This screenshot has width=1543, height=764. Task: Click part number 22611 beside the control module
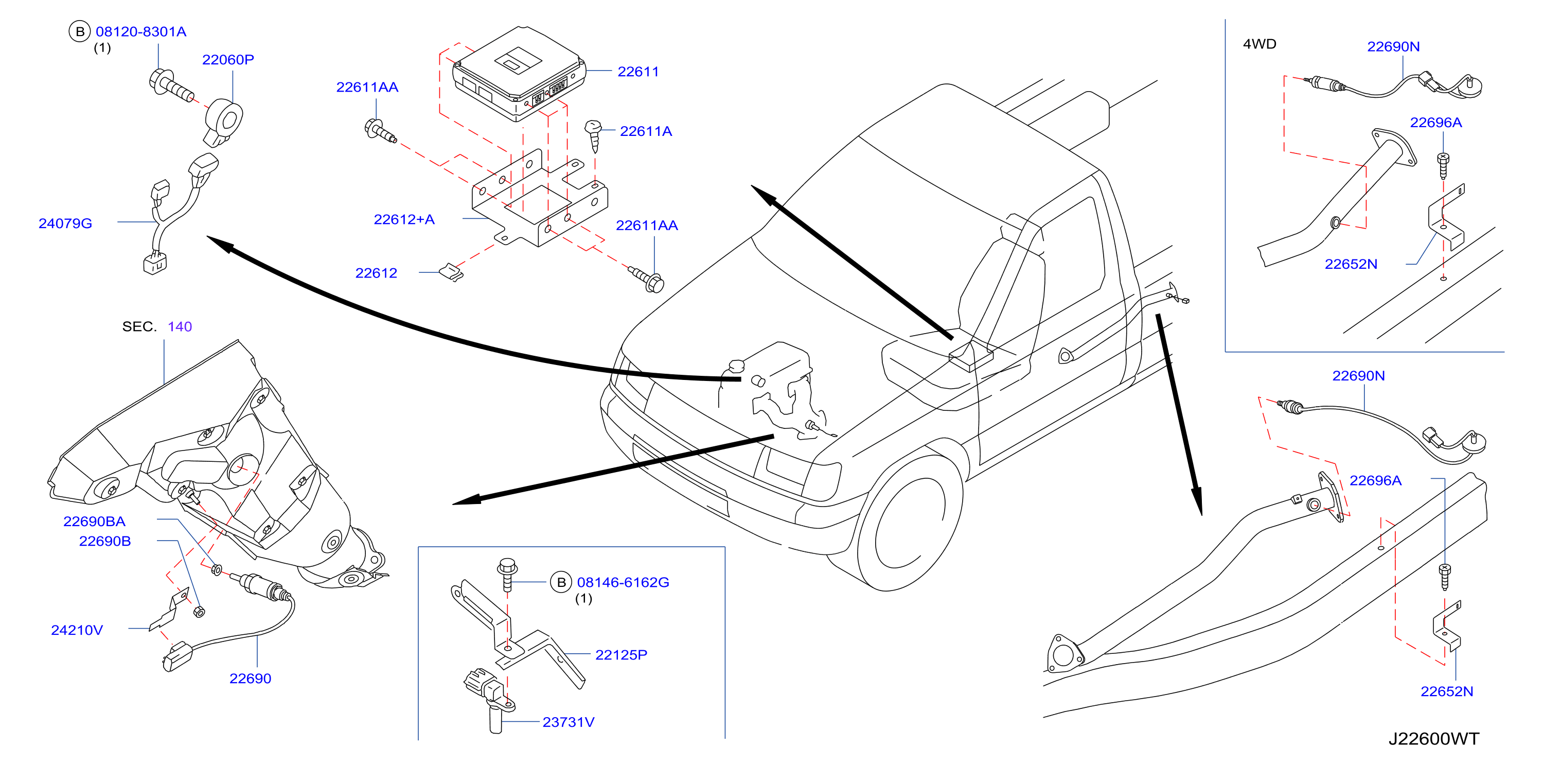638,72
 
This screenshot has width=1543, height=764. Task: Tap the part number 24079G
65,223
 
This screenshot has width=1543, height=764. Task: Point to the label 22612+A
404,219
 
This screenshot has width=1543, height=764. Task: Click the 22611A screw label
646,131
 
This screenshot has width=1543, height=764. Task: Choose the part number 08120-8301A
141,32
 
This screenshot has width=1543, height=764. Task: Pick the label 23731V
569,722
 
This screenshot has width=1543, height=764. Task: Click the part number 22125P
621,655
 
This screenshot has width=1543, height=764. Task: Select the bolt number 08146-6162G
623,582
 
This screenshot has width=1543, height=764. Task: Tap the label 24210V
77,630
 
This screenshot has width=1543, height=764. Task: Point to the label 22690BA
94,522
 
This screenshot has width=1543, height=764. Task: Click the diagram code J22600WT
1433,739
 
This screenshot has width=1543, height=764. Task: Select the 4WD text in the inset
1260,44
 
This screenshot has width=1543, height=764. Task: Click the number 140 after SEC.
180,326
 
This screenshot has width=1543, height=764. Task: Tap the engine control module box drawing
519,73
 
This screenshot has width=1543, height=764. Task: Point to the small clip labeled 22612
451,273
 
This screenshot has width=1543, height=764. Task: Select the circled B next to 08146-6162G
561,582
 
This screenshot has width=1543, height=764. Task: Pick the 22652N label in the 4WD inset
1351,264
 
